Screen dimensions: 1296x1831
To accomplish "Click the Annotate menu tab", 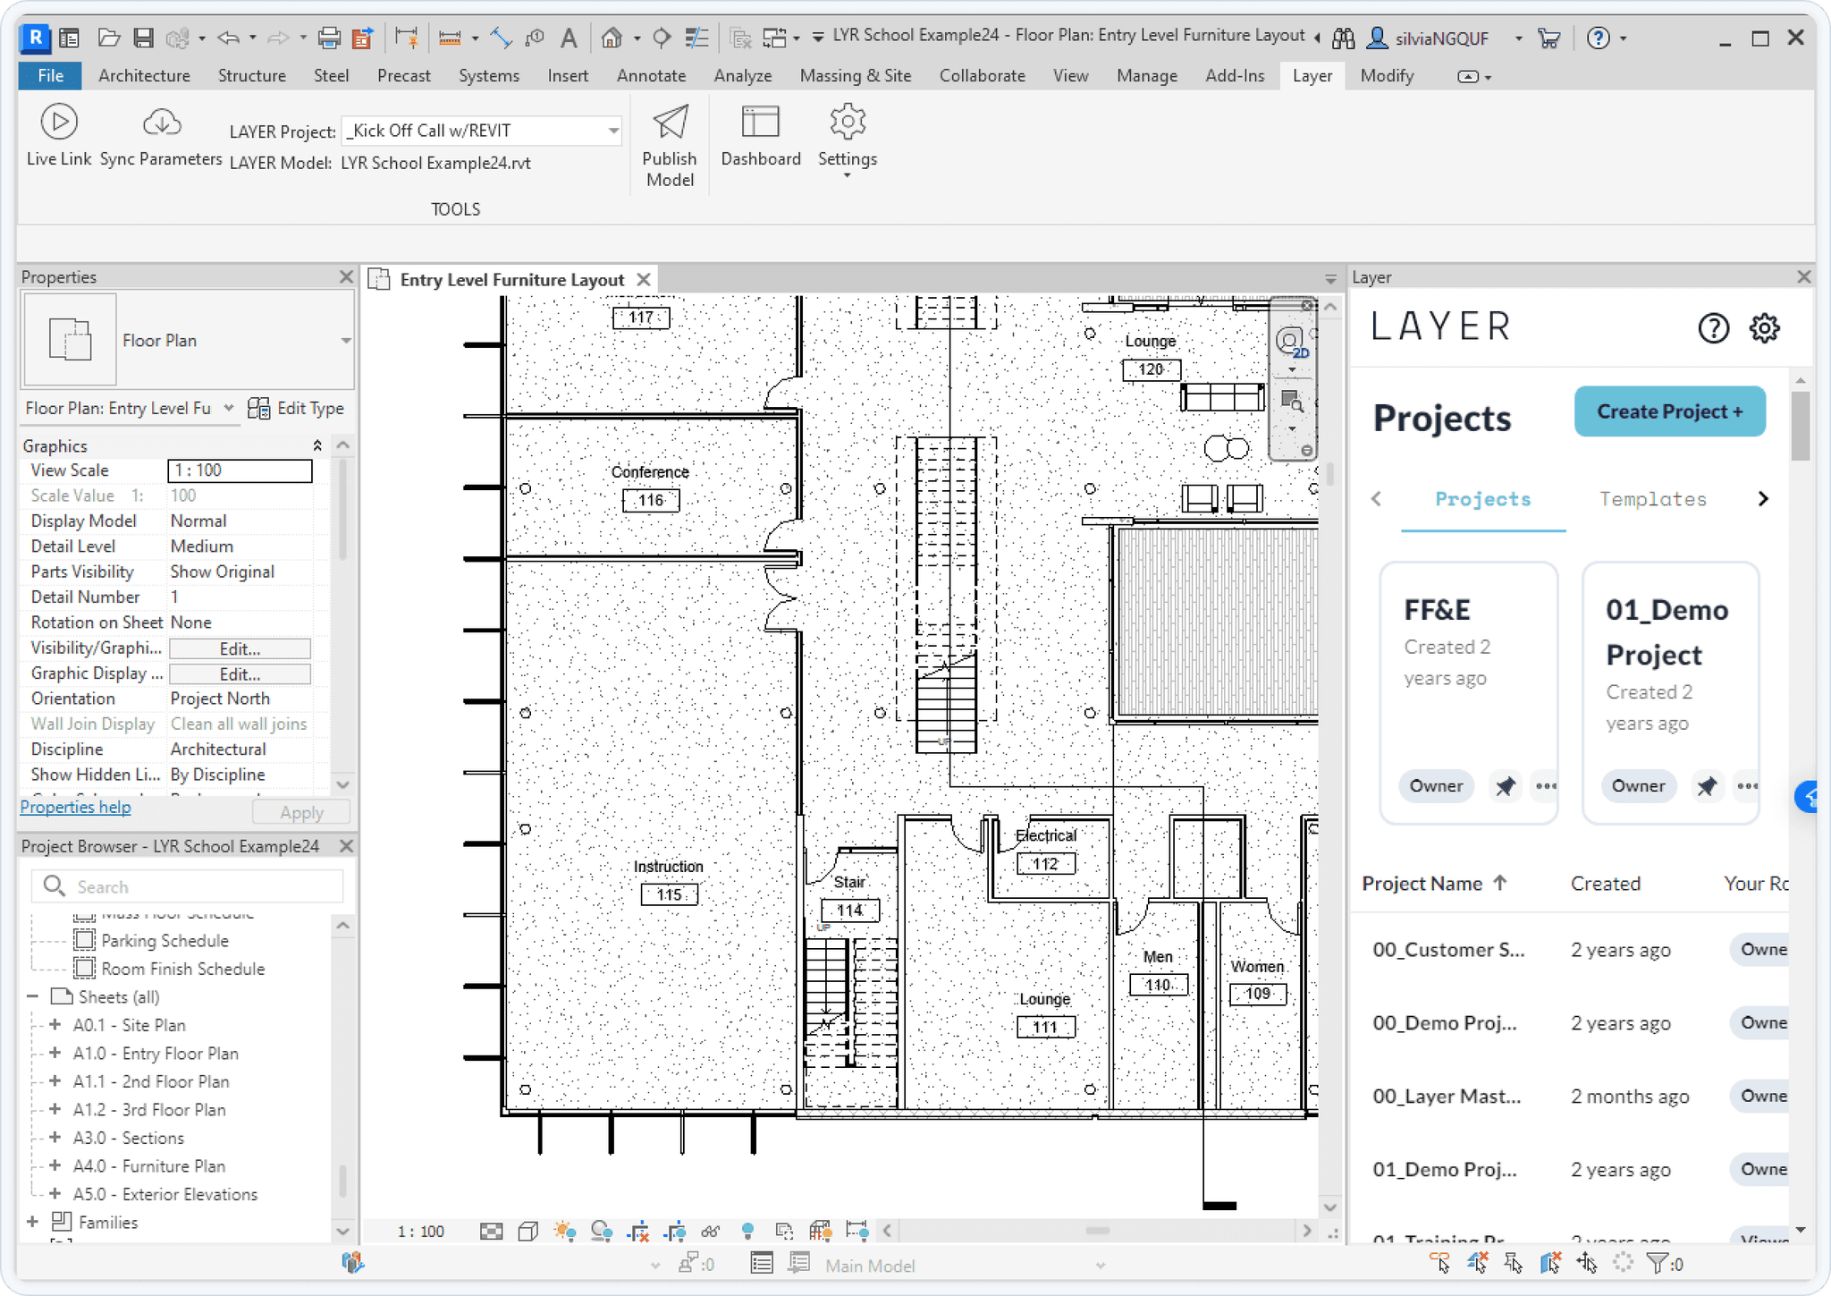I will click(x=651, y=76).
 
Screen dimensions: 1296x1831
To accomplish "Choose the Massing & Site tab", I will click(x=855, y=76).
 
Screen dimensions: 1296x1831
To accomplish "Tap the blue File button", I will click(x=50, y=76).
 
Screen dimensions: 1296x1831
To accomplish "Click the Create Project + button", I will click(x=1668, y=411).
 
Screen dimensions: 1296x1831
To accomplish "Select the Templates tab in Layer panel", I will click(x=1652, y=499).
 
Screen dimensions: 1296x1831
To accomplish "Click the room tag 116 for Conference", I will click(x=651, y=501).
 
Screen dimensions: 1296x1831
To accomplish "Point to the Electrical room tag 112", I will click(x=1045, y=864).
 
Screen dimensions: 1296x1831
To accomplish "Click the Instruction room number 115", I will click(x=669, y=894).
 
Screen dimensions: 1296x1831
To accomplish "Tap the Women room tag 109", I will click(x=1257, y=994).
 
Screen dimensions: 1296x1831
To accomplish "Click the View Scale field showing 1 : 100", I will click(x=240, y=470).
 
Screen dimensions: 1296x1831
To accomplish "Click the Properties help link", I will click(x=76, y=808).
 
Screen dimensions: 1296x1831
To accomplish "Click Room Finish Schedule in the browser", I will click(x=182, y=969).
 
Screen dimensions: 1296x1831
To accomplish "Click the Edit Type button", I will click(x=297, y=409).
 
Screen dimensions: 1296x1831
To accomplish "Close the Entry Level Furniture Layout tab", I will click(x=644, y=280).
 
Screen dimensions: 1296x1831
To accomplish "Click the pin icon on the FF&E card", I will click(x=1506, y=786).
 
